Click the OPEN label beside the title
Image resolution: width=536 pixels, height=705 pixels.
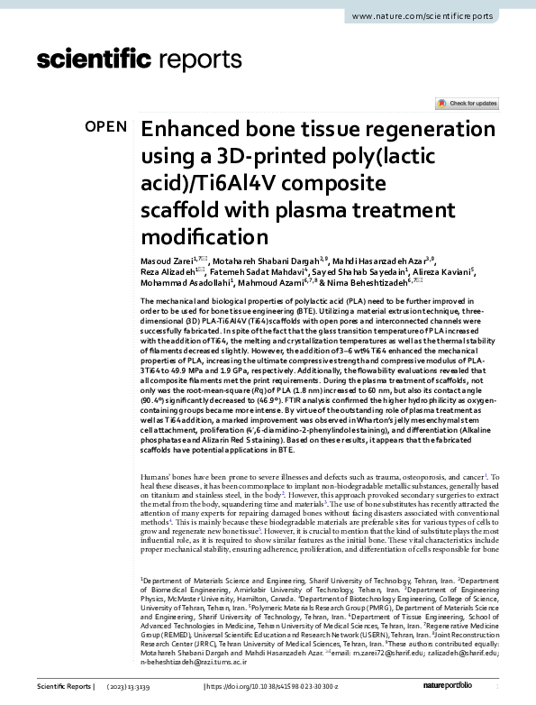[x=105, y=127]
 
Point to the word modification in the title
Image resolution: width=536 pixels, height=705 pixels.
[x=204, y=237]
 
